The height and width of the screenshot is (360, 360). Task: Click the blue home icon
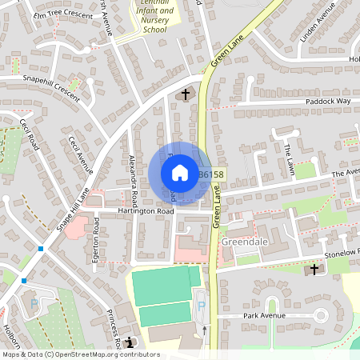click(179, 173)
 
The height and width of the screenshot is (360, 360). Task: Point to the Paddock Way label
click(326, 102)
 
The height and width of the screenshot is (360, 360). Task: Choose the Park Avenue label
click(263, 315)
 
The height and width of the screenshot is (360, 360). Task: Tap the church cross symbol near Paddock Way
click(186, 95)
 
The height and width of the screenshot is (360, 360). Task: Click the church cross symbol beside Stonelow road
click(314, 270)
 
